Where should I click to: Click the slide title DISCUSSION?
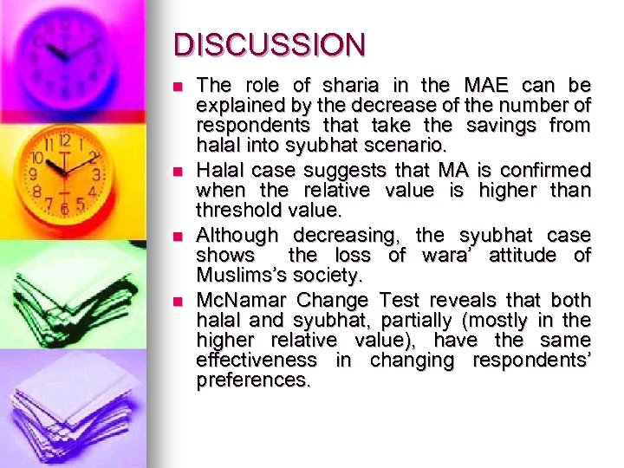tap(270, 44)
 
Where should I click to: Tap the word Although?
tap(237, 236)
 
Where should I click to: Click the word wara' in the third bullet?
tap(446, 256)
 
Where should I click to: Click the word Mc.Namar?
tap(242, 300)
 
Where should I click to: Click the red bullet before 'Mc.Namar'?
tap(178, 302)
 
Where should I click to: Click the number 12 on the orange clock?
tap(66, 142)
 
